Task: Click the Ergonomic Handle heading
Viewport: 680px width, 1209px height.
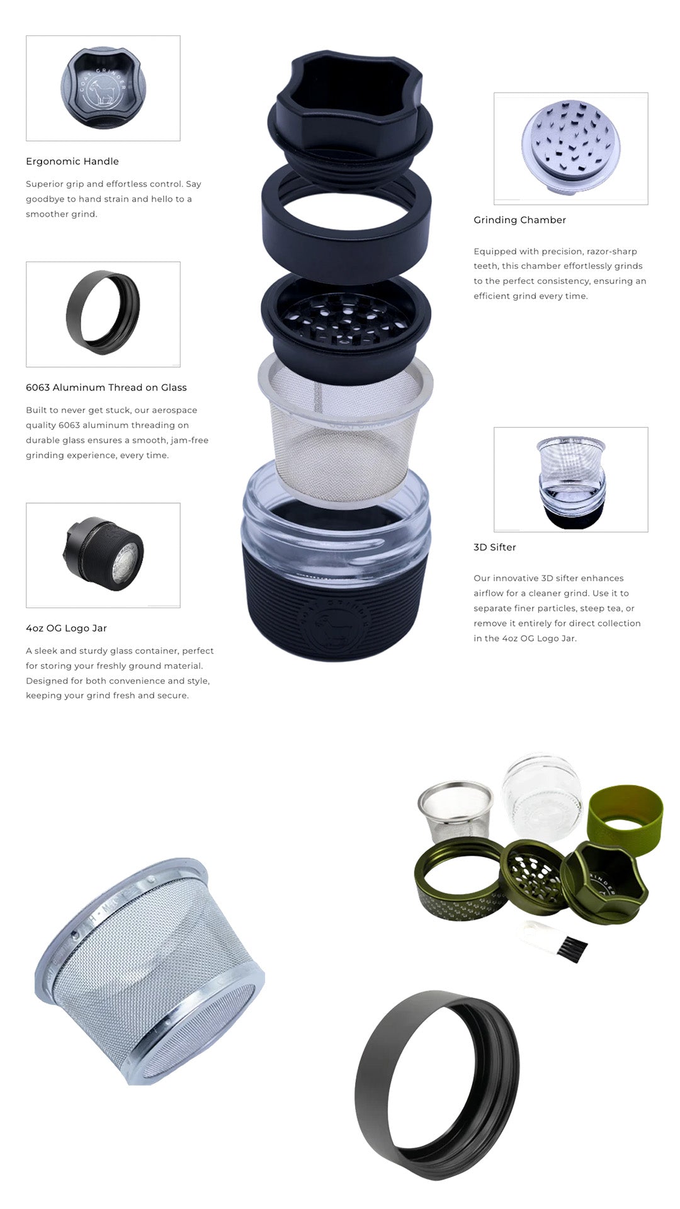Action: coord(72,161)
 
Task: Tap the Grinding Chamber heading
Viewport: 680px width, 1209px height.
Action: coord(520,220)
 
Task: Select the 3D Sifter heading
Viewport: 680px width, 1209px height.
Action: coord(495,547)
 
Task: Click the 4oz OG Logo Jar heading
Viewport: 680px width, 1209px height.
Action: coord(66,628)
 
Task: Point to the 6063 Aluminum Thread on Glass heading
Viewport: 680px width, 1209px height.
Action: coord(106,387)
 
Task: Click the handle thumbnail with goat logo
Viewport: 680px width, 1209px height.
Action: coord(103,88)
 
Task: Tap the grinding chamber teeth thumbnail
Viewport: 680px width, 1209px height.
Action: coord(571,149)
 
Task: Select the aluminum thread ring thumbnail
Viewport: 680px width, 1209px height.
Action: coord(103,314)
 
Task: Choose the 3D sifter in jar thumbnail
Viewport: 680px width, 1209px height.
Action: coord(571,480)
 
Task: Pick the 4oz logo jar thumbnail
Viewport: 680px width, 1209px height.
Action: coord(103,555)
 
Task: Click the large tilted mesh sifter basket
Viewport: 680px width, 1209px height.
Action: coord(150,971)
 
